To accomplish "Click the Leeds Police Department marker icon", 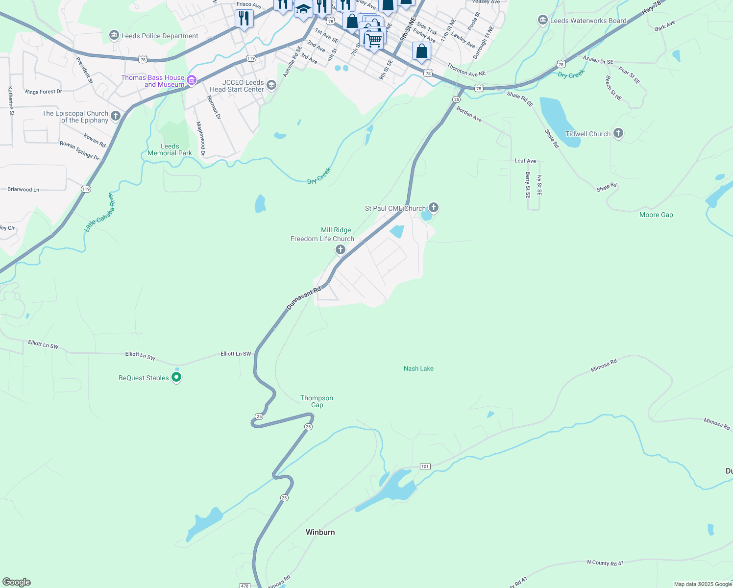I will [x=114, y=35].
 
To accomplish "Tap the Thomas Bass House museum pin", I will [x=192, y=80].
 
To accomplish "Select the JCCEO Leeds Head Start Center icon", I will [x=271, y=85].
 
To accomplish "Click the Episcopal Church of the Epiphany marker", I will [x=116, y=116].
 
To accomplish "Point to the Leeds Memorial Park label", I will [x=170, y=149].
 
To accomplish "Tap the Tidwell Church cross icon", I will [x=618, y=133].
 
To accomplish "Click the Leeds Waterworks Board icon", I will [x=542, y=20].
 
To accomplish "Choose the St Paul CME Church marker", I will [x=433, y=207].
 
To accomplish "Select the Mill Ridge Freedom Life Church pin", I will [x=341, y=249].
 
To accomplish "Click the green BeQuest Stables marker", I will [x=177, y=377].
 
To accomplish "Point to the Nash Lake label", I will [x=418, y=368].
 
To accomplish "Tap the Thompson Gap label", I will [x=317, y=401].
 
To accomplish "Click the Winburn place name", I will [x=320, y=532].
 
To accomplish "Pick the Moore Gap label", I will [x=656, y=215].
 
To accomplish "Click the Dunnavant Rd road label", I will [x=303, y=298].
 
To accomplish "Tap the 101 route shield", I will [x=425, y=466].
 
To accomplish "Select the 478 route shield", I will [x=245, y=585].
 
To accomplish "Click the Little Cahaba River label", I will [x=99, y=212].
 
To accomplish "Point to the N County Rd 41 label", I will [x=605, y=563].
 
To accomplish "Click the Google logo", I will [x=17, y=582].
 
